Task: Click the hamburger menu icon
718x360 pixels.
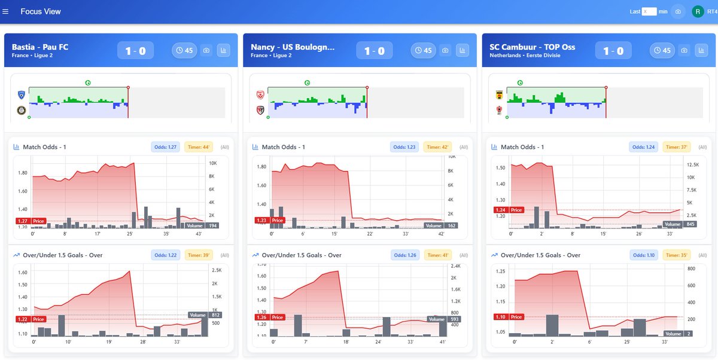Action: pos(6,11)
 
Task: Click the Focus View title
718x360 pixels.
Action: pos(41,11)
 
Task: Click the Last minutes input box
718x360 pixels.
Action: pos(649,11)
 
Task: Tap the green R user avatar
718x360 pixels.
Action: pos(698,11)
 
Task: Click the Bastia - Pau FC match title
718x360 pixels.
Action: pos(40,47)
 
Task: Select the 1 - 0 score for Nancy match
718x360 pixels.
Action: pos(374,51)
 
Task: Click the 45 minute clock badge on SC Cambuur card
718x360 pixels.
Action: pos(661,51)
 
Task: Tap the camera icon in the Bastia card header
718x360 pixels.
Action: pos(206,51)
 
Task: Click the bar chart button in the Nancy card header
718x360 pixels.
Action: pos(462,51)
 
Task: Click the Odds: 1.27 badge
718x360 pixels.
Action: pos(166,147)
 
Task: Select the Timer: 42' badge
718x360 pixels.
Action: pos(438,147)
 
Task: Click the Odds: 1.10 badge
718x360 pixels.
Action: pos(643,255)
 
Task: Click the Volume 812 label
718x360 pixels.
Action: pos(204,315)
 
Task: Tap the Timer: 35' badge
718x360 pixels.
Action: pos(676,255)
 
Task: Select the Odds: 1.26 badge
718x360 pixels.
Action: pos(404,255)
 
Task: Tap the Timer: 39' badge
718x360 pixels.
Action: pos(199,255)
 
